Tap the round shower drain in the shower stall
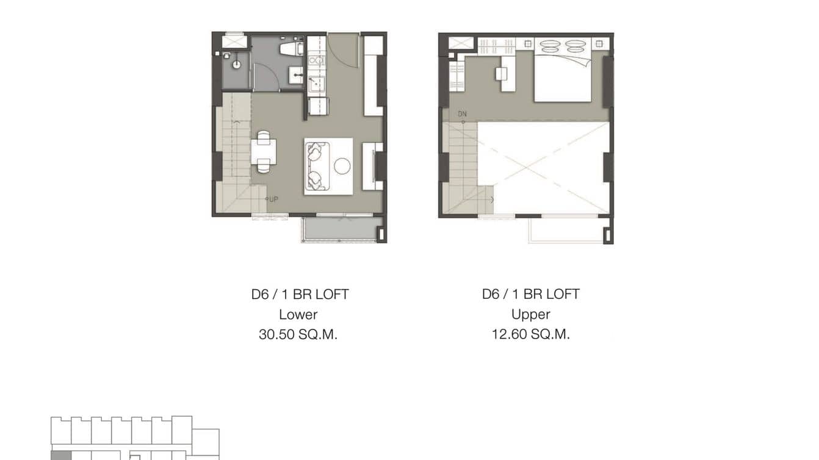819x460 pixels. coord(236,63)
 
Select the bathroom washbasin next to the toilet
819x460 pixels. coord(297,76)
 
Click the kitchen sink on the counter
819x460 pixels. coord(316,84)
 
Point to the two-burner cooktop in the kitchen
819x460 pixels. coord(316,61)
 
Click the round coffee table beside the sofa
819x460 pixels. coord(342,166)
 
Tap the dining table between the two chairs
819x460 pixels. coord(263,152)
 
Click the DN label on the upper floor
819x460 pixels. coord(463,114)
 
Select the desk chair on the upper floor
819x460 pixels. coord(501,73)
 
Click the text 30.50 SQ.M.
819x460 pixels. coord(298,334)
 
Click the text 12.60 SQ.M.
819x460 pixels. coord(530,334)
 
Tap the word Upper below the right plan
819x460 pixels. coord(530,314)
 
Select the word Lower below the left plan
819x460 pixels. coord(298,314)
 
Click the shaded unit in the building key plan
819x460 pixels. coord(60,455)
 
